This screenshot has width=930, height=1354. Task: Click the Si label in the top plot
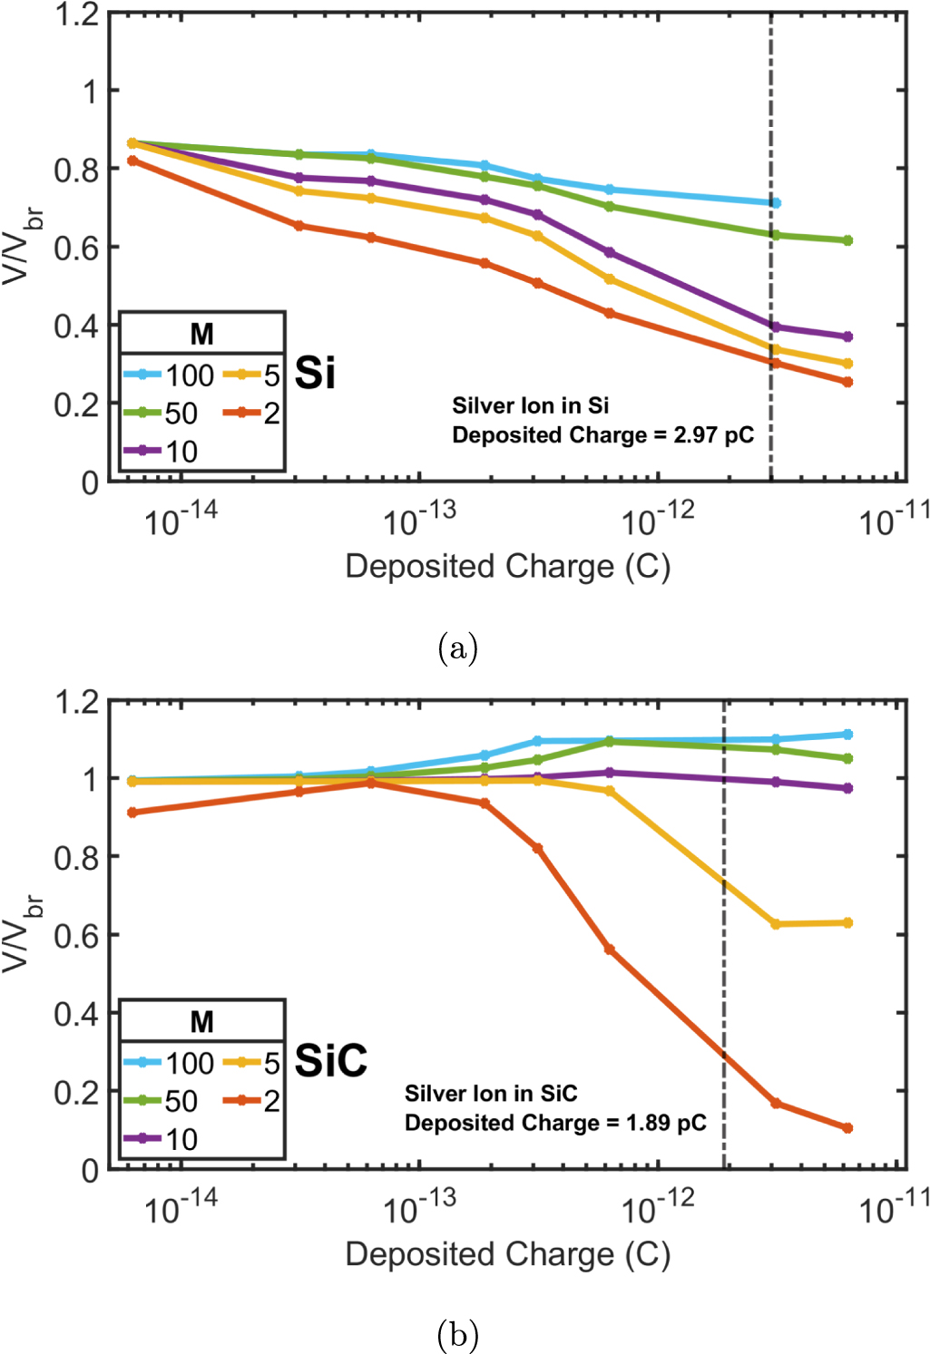[315, 373]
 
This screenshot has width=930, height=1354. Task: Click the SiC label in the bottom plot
[331, 1060]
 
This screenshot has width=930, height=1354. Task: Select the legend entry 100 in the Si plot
[189, 375]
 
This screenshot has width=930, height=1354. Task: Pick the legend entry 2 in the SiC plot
[271, 1101]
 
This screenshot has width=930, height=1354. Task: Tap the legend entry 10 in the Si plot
[181, 451]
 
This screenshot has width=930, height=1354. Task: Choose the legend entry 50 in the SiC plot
[181, 1101]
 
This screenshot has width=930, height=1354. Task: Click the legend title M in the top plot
[201, 334]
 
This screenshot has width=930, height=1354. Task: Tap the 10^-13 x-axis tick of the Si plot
[419, 521]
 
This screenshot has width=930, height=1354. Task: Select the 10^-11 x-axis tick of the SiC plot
[894, 1208]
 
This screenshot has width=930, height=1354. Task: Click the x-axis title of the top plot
[508, 567]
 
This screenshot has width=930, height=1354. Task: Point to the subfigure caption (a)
[457, 648]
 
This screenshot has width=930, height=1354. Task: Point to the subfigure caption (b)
[457, 1334]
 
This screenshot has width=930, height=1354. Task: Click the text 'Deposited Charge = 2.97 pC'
[602, 435]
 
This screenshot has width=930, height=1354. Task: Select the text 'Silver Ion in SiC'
[491, 1094]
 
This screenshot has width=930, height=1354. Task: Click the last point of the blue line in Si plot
[775, 203]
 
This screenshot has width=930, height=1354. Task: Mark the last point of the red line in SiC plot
[847, 1128]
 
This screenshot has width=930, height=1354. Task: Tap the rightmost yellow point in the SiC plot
[847, 923]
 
